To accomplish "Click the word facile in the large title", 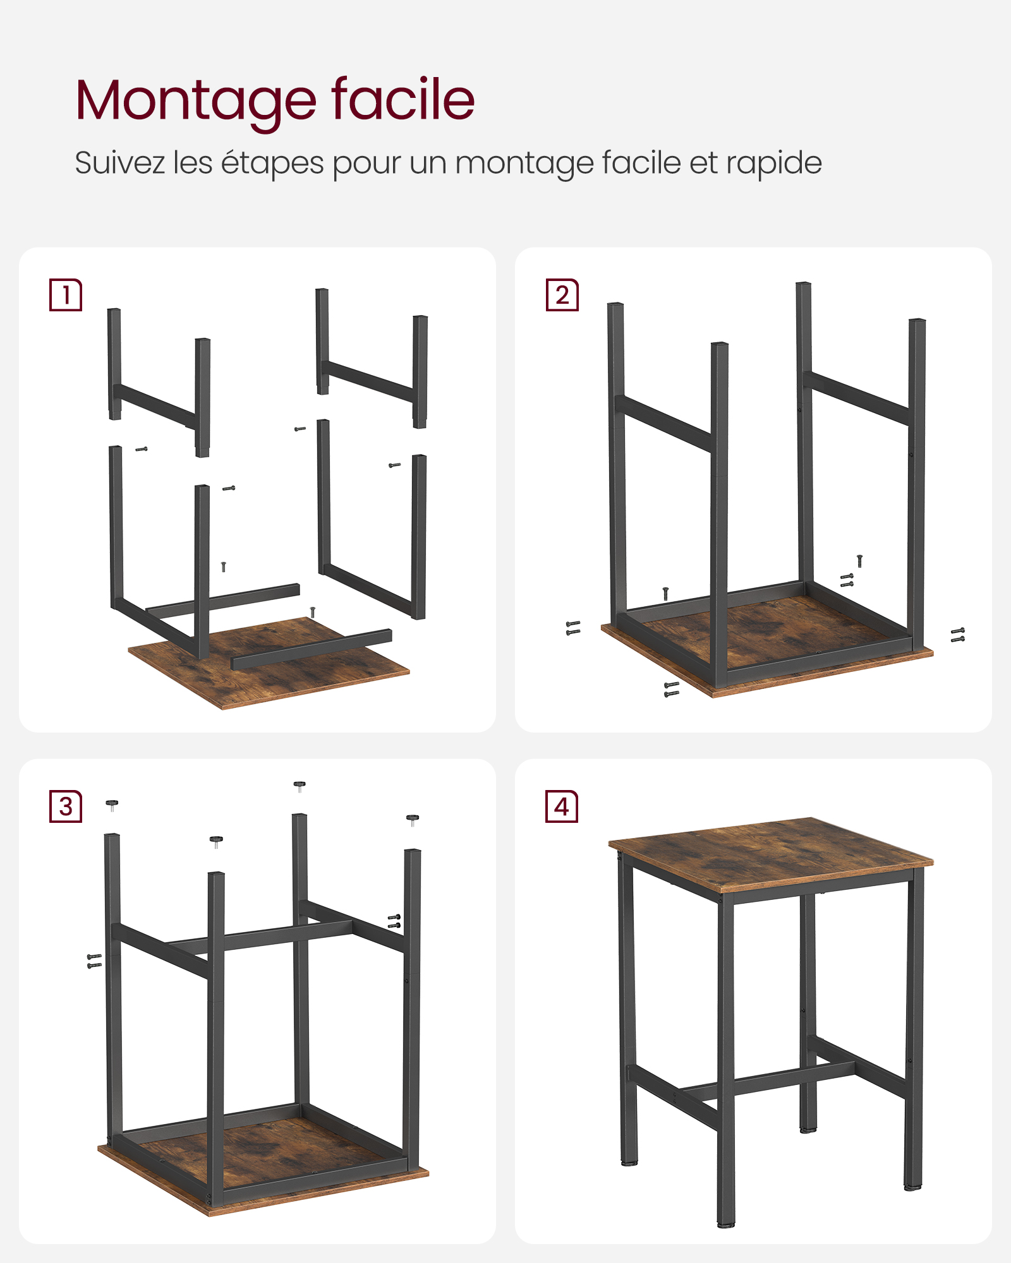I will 403,100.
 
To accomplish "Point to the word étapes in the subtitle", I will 272,163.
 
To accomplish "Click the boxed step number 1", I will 66,295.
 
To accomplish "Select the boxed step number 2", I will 562,295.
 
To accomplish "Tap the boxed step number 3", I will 66,806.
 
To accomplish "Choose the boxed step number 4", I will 562,806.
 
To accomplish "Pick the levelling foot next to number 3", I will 112,805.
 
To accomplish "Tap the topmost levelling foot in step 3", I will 300,786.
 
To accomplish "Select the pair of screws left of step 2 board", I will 573,628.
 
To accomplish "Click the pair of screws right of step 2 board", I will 958,635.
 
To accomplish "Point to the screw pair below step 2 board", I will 672,690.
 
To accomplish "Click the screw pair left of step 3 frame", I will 94,961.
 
